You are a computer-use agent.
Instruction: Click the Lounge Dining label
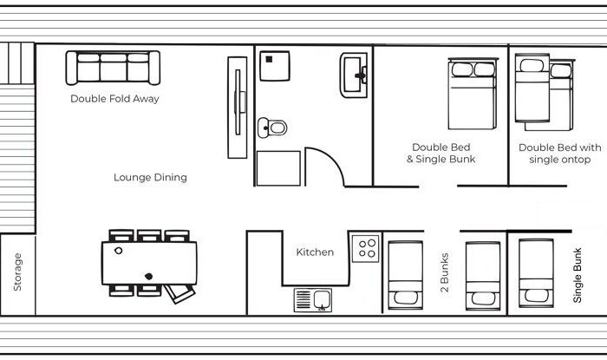150,177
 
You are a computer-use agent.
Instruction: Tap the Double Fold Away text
114,99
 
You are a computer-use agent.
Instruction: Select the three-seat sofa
113,68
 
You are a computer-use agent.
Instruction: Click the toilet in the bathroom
272,128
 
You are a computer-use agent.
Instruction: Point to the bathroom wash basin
354,75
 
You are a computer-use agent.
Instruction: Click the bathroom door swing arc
334,159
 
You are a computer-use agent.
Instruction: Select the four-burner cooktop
365,248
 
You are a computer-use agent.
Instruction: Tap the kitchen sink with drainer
313,300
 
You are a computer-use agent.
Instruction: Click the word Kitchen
315,252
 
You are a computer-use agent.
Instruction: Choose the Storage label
17,272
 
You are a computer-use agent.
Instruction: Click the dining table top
149,263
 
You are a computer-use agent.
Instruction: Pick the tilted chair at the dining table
179,293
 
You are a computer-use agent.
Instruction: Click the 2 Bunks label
444,272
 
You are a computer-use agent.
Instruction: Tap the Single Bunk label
578,275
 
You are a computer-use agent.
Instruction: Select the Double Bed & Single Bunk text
441,154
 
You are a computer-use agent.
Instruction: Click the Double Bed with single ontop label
560,154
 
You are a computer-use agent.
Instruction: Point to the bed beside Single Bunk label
536,273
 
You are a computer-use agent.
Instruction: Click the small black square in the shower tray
269,59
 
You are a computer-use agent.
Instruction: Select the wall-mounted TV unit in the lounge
238,108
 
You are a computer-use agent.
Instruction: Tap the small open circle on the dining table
119,251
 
